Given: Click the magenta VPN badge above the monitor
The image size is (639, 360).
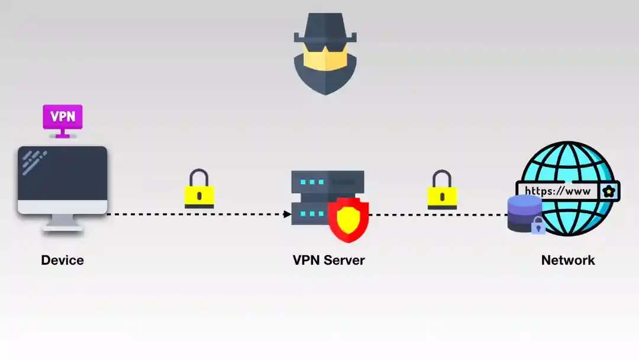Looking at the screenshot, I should (62, 117).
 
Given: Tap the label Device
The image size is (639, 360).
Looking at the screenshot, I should (62, 260).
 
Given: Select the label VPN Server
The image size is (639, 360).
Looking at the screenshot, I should (328, 260).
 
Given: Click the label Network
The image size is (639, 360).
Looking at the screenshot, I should (568, 260).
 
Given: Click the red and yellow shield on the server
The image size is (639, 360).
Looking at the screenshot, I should (348, 220).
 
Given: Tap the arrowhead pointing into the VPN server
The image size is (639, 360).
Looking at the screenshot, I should (288, 214).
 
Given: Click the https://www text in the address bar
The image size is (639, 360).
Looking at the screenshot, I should (557, 191).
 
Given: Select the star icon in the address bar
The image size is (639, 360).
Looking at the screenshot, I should (608, 191).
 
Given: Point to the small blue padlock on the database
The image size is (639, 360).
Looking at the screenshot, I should (538, 226).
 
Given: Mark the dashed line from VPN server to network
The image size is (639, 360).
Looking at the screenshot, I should (438, 214).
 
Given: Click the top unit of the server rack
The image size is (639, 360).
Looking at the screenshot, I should (327, 181).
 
